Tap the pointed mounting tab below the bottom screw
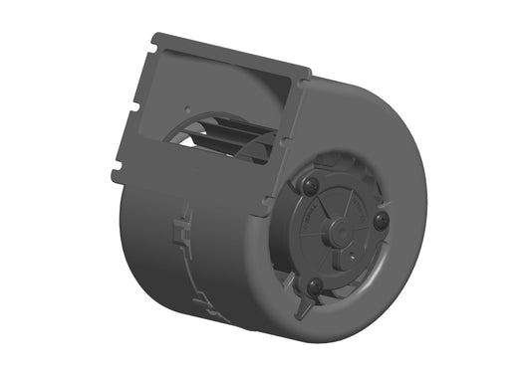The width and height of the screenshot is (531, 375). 300,310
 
